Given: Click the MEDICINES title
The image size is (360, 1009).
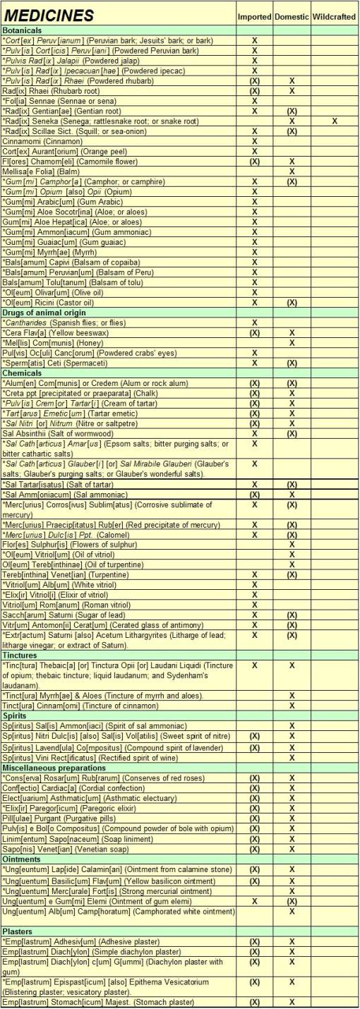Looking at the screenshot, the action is tap(49, 15).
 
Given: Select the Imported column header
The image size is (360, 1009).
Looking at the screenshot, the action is tap(254, 16).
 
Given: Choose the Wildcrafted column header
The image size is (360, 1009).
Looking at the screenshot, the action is tap(334, 16).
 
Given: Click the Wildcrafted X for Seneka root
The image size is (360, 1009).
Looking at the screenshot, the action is tap(334, 121).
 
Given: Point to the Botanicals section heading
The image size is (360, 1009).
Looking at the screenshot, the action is tap(22, 31).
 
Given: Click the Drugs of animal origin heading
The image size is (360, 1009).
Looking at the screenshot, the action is tap(44, 313).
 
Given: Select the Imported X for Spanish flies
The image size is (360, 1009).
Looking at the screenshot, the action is tap(254, 322).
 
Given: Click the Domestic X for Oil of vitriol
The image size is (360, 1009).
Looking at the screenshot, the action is tap(291, 554).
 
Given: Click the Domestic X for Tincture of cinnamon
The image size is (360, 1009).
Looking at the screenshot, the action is tap(291, 706).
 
